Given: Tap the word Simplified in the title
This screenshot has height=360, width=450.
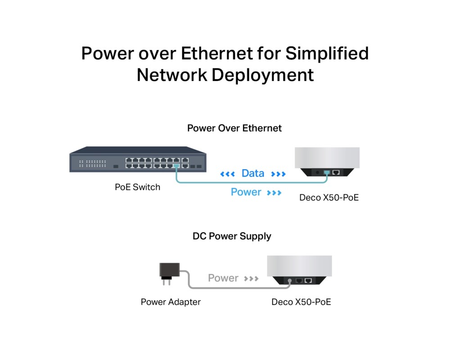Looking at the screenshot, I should point(327,54).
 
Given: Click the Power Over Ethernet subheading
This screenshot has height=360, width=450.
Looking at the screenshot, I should point(234,128).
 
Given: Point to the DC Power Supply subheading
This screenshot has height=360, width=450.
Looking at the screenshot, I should point(232,236).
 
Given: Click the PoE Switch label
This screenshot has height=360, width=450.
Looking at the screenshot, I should point(137,187).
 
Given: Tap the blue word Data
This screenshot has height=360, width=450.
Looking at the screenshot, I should point(253,173).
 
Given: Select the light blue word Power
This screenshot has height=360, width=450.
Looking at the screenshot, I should point(246,192).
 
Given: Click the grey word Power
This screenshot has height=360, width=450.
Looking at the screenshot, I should point(223,278).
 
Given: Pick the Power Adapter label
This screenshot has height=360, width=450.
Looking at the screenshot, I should point(171,302).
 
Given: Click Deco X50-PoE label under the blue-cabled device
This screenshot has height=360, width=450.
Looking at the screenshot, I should point(329,197).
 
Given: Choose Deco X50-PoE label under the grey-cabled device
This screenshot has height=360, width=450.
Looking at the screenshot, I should point(301,302).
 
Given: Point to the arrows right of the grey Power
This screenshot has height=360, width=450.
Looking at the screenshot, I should point(251,279).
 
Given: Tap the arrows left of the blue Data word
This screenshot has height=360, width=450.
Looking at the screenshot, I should point(227,174).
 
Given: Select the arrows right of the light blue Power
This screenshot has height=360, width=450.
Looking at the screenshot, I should point(274,193).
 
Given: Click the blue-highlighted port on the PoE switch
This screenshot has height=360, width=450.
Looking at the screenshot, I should point(177,166).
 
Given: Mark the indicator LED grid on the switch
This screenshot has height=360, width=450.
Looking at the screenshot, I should point(93,163).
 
